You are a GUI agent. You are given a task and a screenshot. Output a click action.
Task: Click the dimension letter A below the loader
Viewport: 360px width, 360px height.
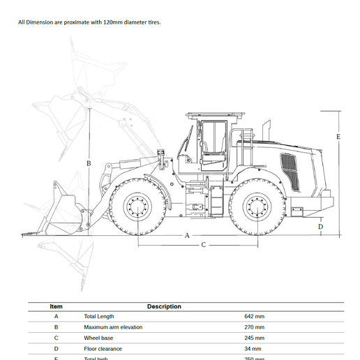pos(187,236)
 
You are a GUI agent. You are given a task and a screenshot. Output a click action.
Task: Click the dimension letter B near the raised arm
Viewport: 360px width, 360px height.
pos(89,163)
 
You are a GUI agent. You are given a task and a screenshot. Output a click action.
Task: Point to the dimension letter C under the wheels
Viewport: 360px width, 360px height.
pos(204,245)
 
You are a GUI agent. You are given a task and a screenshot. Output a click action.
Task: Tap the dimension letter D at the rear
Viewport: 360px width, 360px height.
pos(321,227)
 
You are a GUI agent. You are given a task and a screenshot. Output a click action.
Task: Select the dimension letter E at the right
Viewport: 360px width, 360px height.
pos(338,137)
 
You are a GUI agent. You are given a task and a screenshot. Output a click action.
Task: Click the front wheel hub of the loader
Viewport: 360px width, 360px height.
pos(137,207)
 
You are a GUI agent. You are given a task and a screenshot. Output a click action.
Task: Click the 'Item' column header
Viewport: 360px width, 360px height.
pos(57,306)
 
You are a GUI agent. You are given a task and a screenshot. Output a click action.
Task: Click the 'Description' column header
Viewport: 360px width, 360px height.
pos(164,306)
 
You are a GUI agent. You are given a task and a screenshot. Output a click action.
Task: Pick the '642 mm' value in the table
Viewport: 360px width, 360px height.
pos(254,316)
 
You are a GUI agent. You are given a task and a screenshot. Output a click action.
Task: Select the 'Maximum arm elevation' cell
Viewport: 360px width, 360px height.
pos(113,327)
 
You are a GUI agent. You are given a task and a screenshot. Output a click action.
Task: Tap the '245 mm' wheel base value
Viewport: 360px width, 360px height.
pos(254,338)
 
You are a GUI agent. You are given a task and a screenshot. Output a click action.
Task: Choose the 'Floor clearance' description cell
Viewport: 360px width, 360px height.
pos(103,349)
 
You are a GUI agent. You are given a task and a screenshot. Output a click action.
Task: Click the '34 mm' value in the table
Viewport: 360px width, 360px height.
pos(253,349)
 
